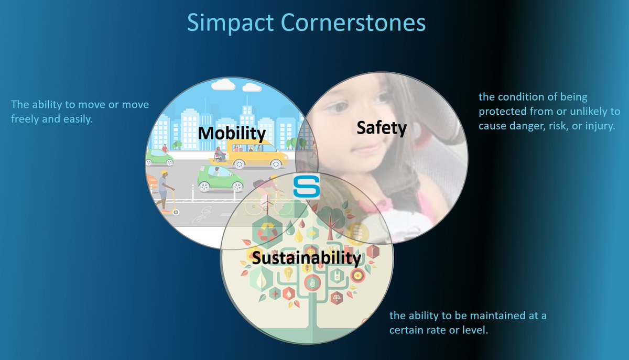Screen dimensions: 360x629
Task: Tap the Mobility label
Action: pyautogui.click(x=231, y=133)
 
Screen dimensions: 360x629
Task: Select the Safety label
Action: pyautogui.click(x=381, y=127)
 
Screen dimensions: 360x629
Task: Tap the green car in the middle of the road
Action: pyautogui.click(x=220, y=178)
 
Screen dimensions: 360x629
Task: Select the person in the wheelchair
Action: pyautogui.click(x=220, y=155)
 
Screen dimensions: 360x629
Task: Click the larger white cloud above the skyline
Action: pyautogui.click(x=222, y=86)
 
